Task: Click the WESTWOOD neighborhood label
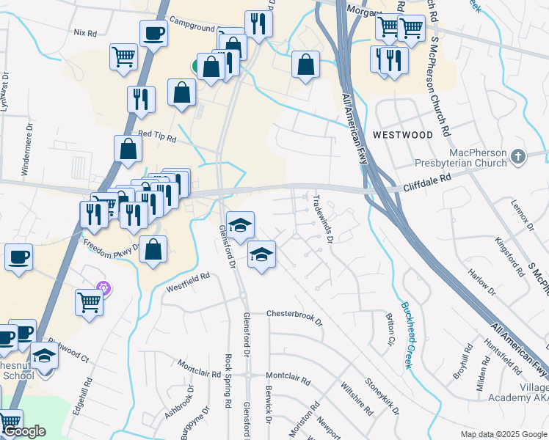(403, 135)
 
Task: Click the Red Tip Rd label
(157, 138)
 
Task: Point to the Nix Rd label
(85, 34)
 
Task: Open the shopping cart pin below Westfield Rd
(89, 301)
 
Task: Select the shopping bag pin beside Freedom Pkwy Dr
(152, 249)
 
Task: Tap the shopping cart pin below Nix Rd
(124, 56)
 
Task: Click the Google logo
(24, 432)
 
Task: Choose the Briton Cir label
(390, 330)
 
